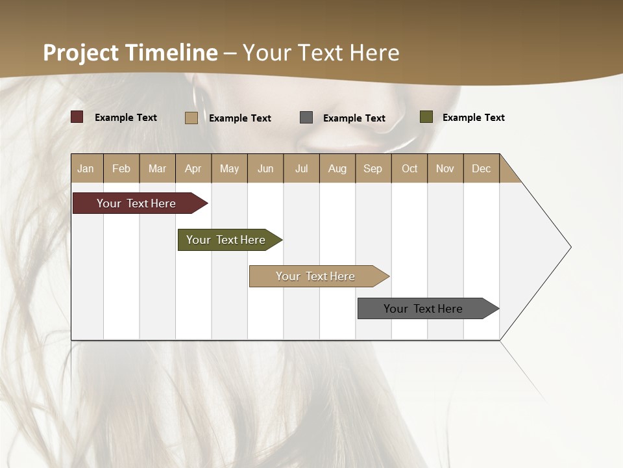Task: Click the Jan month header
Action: point(86,168)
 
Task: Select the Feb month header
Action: point(121,168)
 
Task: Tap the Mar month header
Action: point(157,168)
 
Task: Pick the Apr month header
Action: point(193,168)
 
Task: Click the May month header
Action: point(229,168)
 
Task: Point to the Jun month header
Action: point(265,168)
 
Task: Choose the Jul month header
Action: point(301,168)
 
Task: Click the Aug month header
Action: point(337,168)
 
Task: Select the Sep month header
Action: point(373,168)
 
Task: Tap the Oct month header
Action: point(409,168)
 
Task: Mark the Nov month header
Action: point(445,168)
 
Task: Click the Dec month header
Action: point(481,168)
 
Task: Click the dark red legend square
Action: point(77,117)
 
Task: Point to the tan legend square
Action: point(191,118)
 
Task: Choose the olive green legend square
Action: point(426,117)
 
